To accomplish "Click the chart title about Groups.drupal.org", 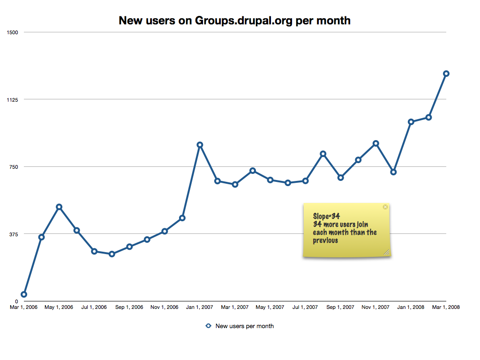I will (234, 21).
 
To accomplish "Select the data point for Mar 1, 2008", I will (446, 74).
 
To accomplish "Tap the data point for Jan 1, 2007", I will (200, 145).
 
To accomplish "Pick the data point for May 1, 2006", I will (59, 207).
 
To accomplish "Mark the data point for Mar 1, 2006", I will (24, 294).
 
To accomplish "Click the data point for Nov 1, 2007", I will (376, 143).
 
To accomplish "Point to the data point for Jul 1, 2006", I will (94, 251).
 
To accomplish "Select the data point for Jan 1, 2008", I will (411, 122).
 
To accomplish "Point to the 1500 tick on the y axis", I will (12, 32).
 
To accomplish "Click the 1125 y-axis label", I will (12, 99).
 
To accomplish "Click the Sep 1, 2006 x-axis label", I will (129, 307).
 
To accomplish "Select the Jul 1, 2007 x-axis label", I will (305, 307).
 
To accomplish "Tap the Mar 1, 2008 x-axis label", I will (446, 307).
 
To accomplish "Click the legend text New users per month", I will (244, 326).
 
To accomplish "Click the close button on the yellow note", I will (385, 207).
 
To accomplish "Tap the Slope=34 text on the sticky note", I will (326, 216).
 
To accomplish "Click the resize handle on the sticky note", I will (387, 253).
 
